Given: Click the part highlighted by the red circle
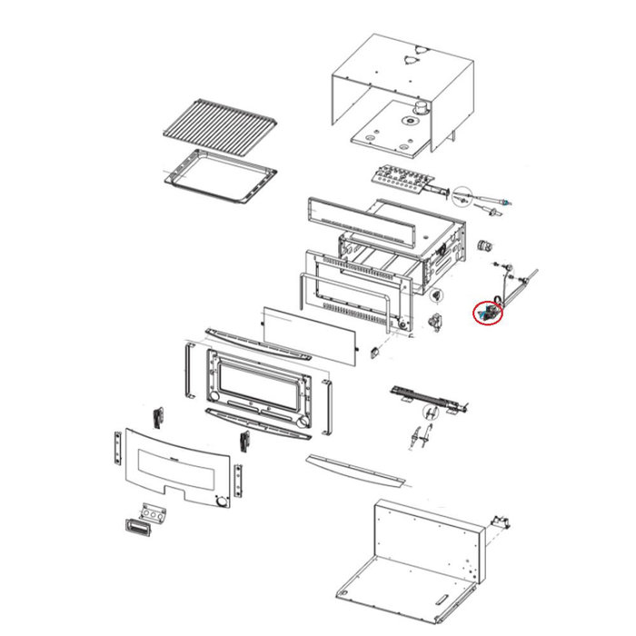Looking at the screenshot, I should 488,313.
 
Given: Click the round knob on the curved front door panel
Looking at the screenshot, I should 222,502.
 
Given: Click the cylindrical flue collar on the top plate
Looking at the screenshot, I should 421,110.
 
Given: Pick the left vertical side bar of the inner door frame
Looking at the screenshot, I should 187,373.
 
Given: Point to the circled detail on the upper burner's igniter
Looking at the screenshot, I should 464,194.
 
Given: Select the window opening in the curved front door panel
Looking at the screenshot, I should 173,469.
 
